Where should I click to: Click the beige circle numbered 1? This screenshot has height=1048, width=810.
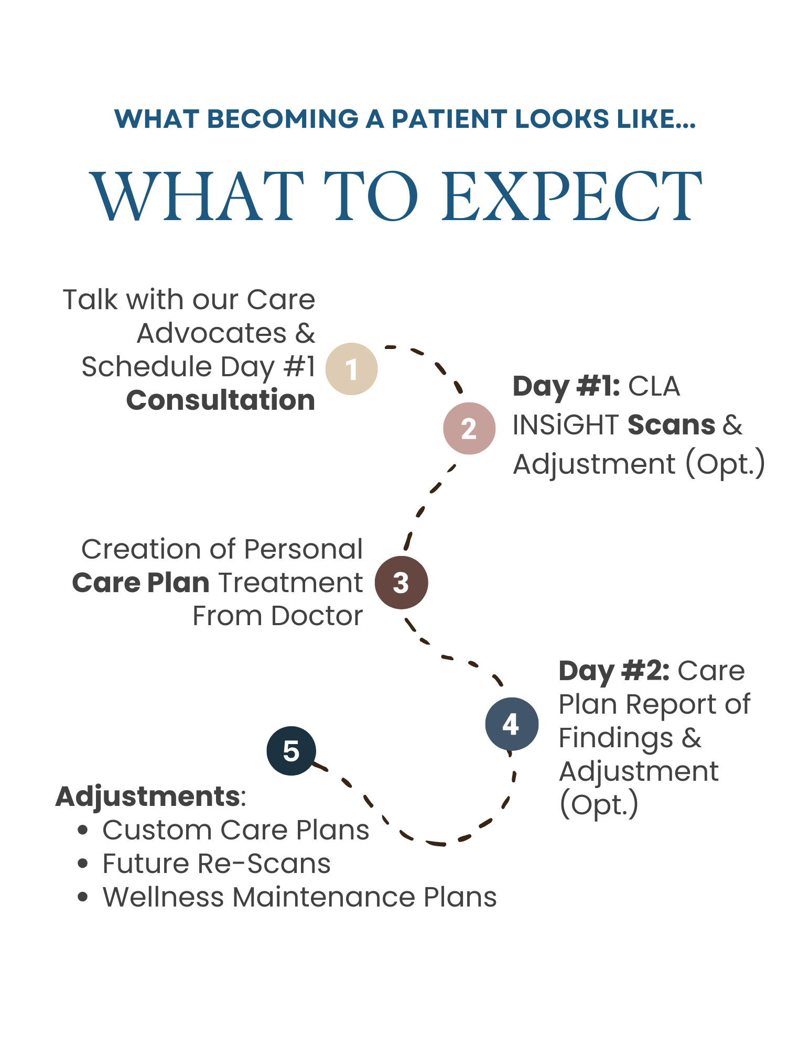coord(351,368)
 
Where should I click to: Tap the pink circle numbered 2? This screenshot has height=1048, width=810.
coord(469,428)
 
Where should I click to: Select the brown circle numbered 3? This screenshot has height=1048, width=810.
coord(401,582)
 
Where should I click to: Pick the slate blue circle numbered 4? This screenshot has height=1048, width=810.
coord(511,724)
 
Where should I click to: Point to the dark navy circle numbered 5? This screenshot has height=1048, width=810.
coord(291,750)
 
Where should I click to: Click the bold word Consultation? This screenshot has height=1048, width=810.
coord(221,400)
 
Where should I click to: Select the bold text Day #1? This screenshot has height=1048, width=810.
coord(566,386)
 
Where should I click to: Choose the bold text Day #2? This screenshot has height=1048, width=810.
coord(614,671)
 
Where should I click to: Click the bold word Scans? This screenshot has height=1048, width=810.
coord(671,425)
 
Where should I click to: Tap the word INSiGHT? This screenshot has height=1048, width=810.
coord(566,425)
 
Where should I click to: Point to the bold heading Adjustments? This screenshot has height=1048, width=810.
coord(148,796)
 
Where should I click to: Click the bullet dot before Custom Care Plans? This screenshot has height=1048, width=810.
coord(82,830)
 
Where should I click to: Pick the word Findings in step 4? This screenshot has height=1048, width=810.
coord(615,738)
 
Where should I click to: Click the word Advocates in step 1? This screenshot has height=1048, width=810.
coord(211,333)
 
